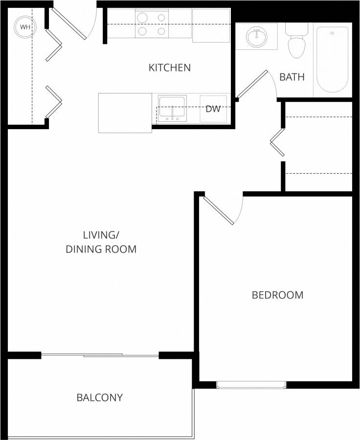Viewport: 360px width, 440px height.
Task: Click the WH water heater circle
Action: tap(24, 26)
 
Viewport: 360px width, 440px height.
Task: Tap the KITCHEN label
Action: tap(169, 68)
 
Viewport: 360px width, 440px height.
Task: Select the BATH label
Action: tap(292, 77)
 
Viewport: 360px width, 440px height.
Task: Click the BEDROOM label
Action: tap(277, 295)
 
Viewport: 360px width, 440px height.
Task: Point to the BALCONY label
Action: tap(99, 397)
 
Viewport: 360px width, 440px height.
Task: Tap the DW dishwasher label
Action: tap(213, 109)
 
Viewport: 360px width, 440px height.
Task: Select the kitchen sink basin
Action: tap(172, 107)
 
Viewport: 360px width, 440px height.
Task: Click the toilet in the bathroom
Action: tap(296, 43)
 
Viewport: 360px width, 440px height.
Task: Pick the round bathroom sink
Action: tap(256, 36)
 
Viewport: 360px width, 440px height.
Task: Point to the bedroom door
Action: tap(219, 211)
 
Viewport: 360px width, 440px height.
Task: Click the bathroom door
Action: tap(253, 84)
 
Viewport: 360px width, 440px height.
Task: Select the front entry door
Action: tap(69, 23)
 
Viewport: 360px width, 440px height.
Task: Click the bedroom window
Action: tap(251, 385)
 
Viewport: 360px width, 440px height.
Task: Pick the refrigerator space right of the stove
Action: tap(211, 25)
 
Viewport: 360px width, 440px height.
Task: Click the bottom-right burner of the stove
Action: tap(161, 31)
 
